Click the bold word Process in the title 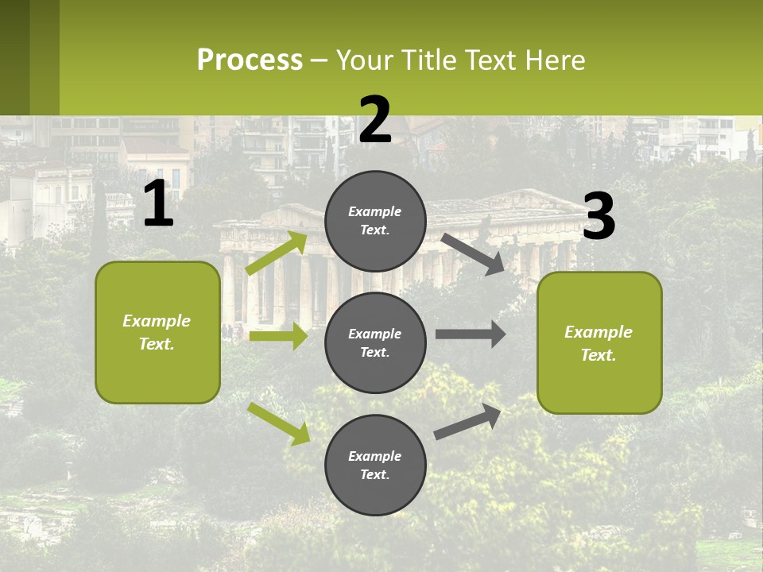[250, 60]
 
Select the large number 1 [158, 205]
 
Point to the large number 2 [375, 120]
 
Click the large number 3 [599, 217]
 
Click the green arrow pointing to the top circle [277, 253]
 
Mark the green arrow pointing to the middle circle [278, 336]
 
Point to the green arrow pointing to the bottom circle [279, 423]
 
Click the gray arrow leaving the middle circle [471, 334]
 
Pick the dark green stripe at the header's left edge [15, 57]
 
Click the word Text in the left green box [157, 345]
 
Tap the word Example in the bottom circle [375, 456]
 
